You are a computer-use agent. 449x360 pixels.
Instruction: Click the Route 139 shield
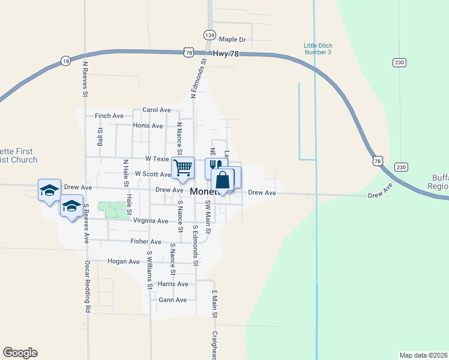pos(209,36)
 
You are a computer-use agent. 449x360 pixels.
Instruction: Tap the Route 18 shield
pos(65,61)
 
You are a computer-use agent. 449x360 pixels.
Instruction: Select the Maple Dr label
pos(232,40)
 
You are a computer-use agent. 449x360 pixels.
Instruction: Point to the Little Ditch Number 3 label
pos(318,49)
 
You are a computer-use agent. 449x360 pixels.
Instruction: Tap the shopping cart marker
pos(182,167)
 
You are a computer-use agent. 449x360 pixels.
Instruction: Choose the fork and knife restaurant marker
pos(215,166)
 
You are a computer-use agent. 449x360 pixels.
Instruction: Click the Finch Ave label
pos(109,116)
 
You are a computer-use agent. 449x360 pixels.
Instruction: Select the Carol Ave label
pos(156,110)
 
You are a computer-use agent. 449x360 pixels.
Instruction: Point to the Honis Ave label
pos(148,126)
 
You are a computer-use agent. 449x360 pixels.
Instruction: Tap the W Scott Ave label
pos(153,174)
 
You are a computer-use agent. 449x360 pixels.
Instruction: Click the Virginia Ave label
pos(154,221)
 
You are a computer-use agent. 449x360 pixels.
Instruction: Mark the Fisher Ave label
pos(146,242)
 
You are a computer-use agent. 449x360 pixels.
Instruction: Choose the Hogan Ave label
pos(123,262)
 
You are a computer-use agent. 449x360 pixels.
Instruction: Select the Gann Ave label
pos(173,299)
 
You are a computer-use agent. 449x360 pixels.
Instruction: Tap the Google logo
pos(20,353)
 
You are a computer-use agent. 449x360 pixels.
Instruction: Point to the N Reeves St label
pos(85,79)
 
